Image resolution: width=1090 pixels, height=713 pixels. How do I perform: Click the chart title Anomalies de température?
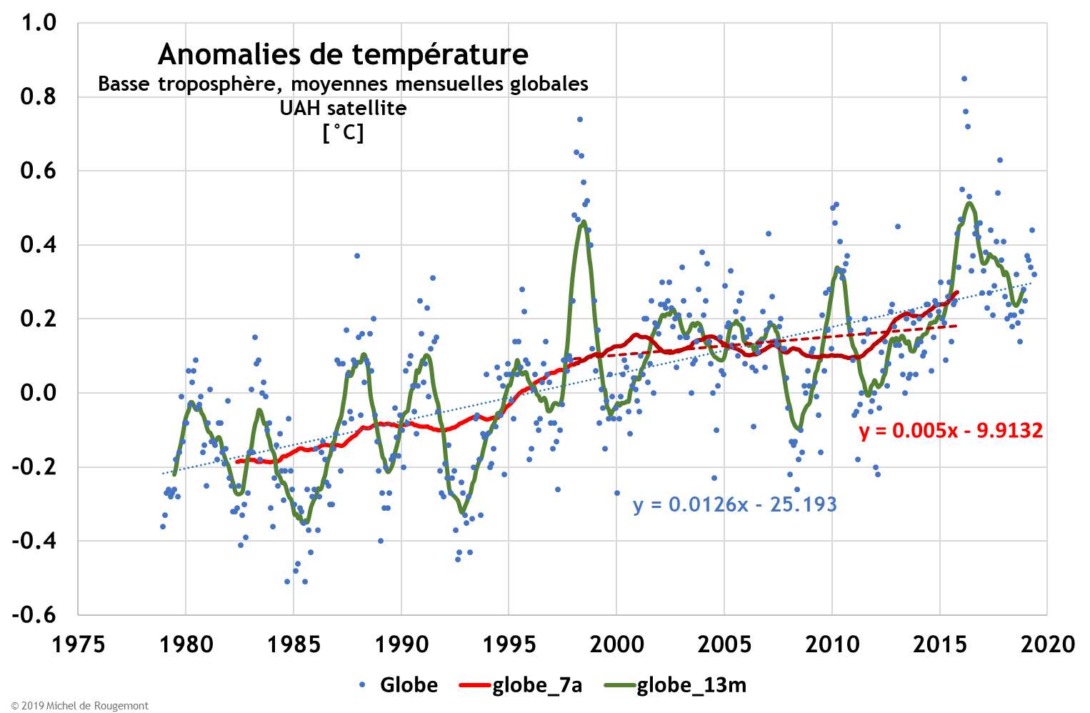point(343,54)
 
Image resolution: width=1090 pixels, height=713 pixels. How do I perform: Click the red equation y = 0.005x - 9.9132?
point(951,430)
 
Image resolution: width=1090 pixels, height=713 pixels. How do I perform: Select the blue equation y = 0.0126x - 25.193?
point(734,504)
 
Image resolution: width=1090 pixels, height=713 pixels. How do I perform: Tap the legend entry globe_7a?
point(536,685)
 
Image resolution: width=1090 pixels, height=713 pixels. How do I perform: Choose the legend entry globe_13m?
point(691,685)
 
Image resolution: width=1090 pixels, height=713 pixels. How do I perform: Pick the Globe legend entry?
point(408,685)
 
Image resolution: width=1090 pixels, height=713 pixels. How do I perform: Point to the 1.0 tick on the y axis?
point(39,23)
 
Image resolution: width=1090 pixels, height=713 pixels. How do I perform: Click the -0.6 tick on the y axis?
point(34,614)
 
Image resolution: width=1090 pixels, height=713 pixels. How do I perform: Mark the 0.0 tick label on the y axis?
point(39,392)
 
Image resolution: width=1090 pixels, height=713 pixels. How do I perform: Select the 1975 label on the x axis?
point(78,644)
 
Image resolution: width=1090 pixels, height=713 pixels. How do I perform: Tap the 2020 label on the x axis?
point(1047,644)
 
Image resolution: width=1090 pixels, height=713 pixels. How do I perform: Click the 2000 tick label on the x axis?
point(616,644)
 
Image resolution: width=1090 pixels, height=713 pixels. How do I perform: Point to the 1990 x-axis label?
point(401,644)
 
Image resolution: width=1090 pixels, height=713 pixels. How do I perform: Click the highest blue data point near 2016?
point(964,79)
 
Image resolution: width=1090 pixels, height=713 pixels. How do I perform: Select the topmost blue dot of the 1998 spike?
point(580,119)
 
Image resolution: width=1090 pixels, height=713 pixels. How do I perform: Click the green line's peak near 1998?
point(584,222)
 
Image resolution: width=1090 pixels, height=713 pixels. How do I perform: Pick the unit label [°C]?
point(343,133)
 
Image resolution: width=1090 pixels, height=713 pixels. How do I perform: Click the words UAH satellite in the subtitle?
point(343,109)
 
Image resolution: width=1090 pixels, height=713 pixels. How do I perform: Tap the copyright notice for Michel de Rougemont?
point(80,706)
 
